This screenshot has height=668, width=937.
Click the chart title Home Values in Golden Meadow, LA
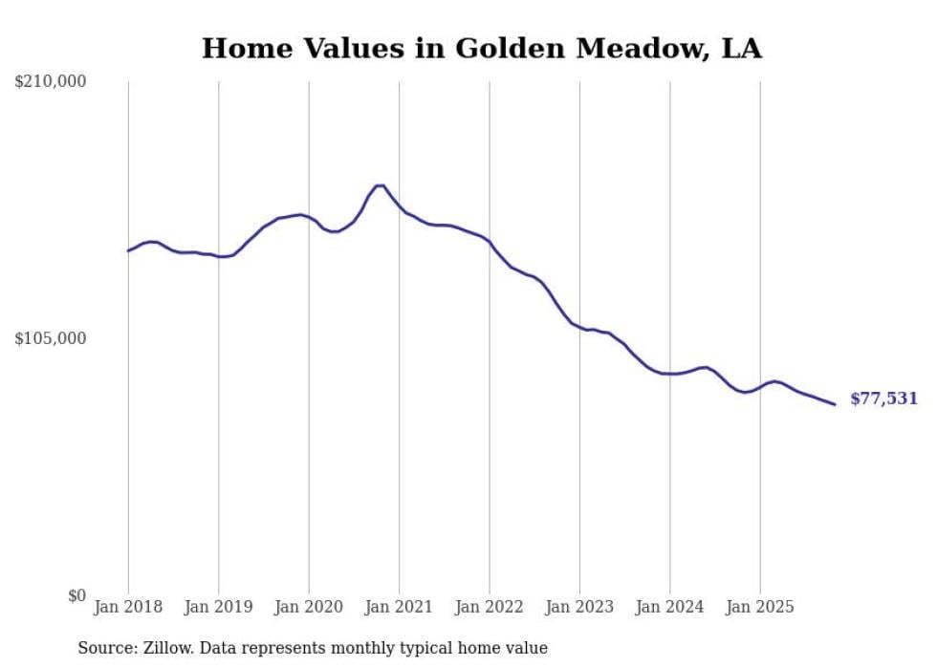(x=482, y=49)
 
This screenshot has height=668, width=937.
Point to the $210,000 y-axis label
(x=51, y=82)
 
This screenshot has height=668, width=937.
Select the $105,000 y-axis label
(x=51, y=338)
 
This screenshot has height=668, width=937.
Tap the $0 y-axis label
(x=76, y=595)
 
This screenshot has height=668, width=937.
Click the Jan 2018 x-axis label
(x=128, y=607)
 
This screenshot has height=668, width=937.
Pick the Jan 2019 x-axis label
(x=219, y=607)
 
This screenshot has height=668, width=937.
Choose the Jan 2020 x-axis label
(x=309, y=607)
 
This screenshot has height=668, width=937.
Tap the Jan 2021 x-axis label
(x=400, y=607)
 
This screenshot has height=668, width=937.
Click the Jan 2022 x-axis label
(x=490, y=607)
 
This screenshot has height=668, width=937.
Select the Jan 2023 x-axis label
(x=579, y=607)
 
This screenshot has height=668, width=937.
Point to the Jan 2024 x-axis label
(x=670, y=607)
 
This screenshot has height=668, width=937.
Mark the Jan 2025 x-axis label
(x=760, y=607)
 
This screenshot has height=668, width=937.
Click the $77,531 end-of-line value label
(x=883, y=399)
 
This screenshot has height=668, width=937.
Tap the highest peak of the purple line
(x=380, y=185)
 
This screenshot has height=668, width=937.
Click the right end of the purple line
(x=835, y=404)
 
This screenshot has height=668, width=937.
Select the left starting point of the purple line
(x=128, y=250)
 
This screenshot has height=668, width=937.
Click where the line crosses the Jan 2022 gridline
(x=490, y=241)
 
